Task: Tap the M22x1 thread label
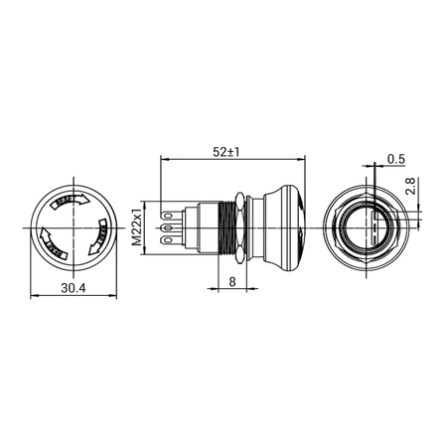[140, 225]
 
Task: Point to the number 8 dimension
[231, 281]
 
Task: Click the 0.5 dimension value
[395, 158]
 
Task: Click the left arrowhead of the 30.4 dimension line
[34, 295]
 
